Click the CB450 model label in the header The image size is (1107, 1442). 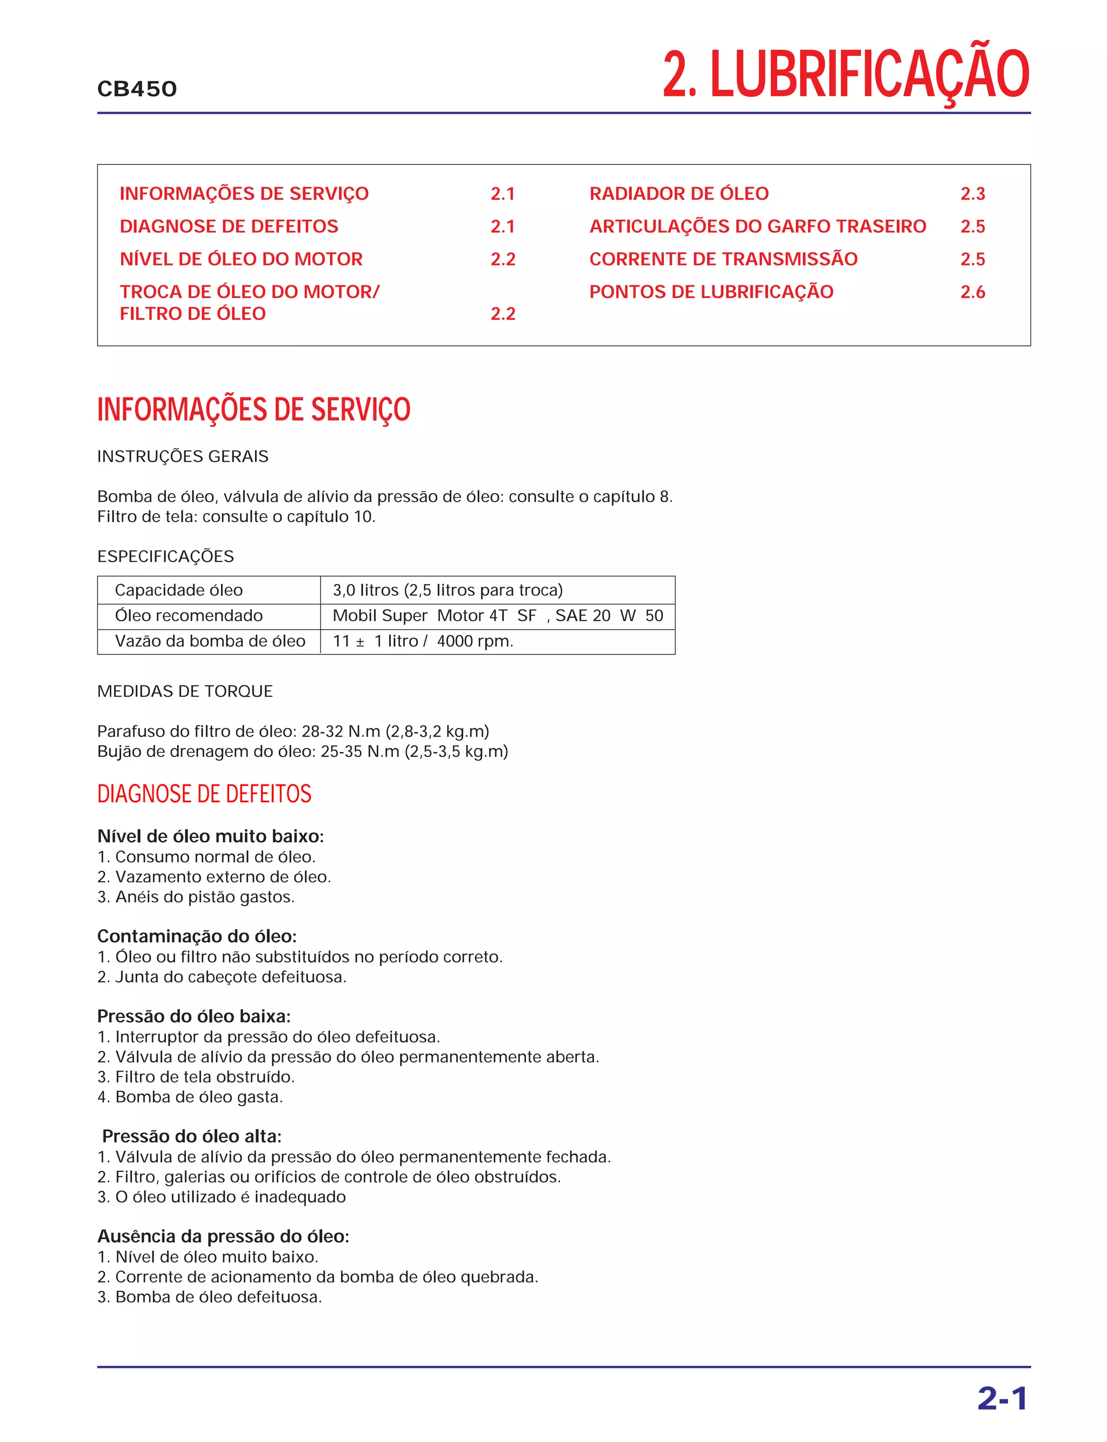(137, 89)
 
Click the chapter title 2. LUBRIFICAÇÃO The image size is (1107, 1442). (845, 75)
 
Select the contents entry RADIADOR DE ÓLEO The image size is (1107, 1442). (679, 193)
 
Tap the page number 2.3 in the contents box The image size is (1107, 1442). (972, 193)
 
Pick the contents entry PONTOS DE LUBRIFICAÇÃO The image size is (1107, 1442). (711, 291)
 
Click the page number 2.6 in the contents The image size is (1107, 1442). (972, 291)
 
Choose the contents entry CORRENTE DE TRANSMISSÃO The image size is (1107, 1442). (723, 259)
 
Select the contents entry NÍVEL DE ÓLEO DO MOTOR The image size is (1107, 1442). (241, 259)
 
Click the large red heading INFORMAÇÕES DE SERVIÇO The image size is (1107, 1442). (254, 409)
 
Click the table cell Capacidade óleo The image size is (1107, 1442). (178, 590)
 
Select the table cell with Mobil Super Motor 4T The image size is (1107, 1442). (497, 615)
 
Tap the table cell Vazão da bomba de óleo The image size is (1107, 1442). (210, 641)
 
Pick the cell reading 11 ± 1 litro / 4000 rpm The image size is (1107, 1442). (422, 641)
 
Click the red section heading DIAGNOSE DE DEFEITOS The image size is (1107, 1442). (204, 794)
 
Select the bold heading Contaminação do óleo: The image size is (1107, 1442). (196, 936)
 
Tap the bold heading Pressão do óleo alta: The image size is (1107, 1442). (192, 1136)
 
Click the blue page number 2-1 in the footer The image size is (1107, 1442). (1002, 1399)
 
